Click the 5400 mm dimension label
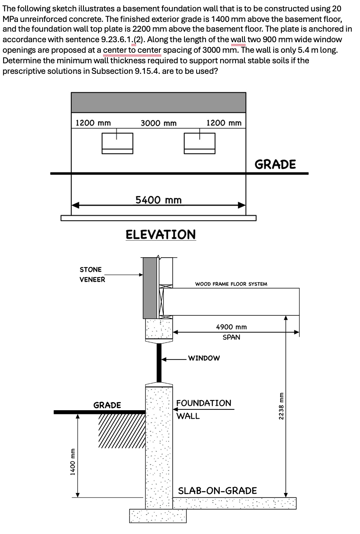pos(158,200)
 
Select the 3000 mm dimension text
pos(158,123)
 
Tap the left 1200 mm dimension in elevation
pos(93,123)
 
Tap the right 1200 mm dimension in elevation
pos(224,123)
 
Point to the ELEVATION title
pos(161,235)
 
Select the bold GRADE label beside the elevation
pos(275,164)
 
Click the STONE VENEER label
pos(92,274)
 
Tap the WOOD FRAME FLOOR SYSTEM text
pos(231,284)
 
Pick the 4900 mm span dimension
pos(231,327)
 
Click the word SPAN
pos(231,337)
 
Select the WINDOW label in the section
pos(204,358)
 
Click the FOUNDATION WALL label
pos(204,409)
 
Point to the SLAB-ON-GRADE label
pos(218,490)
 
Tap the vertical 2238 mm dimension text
pos(278,406)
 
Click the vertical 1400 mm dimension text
pos(72,461)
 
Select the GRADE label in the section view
pos(107,405)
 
